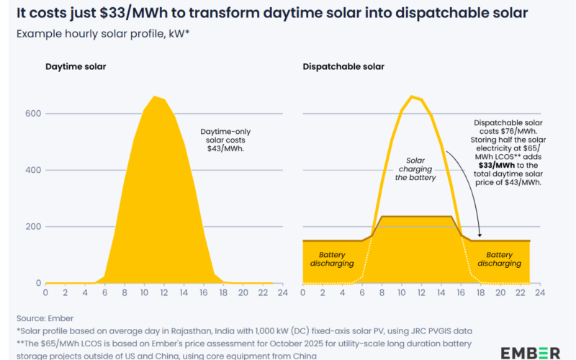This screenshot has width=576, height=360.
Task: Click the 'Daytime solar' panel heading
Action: (x=76, y=66)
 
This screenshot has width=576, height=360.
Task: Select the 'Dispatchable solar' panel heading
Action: (x=344, y=66)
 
